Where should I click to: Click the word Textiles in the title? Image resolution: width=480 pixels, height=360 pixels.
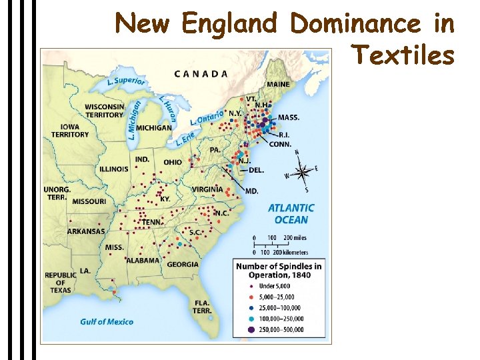point(403,55)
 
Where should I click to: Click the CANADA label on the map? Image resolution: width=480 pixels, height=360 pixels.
point(201,73)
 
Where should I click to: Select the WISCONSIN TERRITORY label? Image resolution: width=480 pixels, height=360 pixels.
point(105,111)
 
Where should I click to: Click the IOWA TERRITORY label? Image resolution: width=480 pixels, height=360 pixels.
point(70,131)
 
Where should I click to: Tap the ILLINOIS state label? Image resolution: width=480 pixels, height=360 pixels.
point(113,169)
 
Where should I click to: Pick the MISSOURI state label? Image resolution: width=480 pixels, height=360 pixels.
point(89,201)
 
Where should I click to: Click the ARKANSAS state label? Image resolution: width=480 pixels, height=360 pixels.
point(86,231)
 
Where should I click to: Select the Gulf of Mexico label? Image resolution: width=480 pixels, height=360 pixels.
point(107,322)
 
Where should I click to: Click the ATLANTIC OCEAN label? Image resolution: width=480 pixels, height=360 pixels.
point(291,213)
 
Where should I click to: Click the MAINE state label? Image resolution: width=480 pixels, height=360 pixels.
point(278,85)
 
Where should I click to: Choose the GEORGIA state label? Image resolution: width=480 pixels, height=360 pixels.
point(183,264)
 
